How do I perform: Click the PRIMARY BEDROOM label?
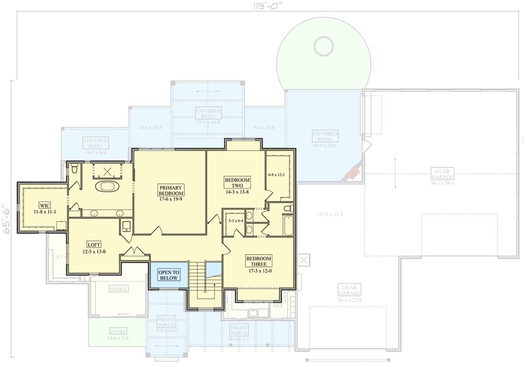[x=171, y=190]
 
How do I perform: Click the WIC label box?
[x=44, y=205]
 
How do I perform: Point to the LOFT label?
[x=94, y=245]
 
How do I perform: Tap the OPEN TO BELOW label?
[x=169, y=275]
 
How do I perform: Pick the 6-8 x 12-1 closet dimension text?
[x=277, y=175]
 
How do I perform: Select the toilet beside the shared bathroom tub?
[x=288, y=209]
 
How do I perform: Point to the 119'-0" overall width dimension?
[x=268, y=6]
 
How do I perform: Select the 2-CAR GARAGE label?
[x=349, y=290]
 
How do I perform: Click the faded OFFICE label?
[x=119, y=289]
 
